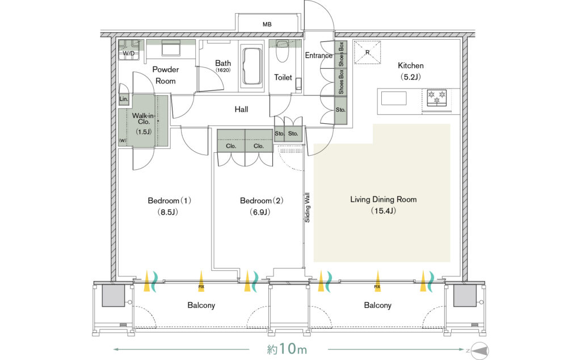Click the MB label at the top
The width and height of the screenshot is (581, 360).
pos(267,24)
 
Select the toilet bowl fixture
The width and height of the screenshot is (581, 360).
pos(282,51)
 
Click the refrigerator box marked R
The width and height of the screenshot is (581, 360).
pos(367,52)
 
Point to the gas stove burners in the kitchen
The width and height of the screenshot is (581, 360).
pos(436,97)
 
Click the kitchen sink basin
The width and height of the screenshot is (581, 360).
pos(394,99)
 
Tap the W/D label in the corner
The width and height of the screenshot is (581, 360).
pos(129,54)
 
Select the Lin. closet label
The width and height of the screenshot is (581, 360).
pos(124,99)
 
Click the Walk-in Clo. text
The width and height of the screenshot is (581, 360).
pos(144,119)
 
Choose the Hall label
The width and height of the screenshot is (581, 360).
pos(241,110)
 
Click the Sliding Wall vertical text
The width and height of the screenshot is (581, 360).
pos(307,208)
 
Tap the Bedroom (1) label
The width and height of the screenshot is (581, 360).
pos(169,200)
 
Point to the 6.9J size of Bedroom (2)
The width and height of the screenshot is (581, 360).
pos(259,212)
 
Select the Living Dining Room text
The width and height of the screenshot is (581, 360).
pos(384,199)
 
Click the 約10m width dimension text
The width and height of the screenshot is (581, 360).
pos(287,349)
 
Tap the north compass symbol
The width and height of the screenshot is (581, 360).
pos(480,350)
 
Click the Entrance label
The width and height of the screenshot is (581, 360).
pos(318,56)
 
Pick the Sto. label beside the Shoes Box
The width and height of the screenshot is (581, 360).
pos(340,110)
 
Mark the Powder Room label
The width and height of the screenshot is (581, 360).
pos(166,75)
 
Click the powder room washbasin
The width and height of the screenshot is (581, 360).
pos(171,48)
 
